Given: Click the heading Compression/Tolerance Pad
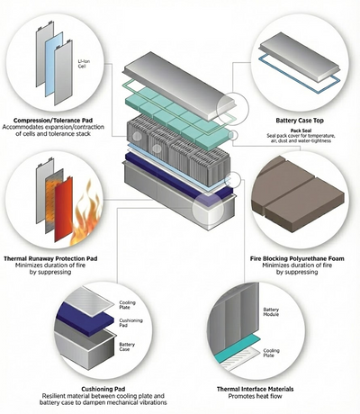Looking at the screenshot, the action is click(53, 121).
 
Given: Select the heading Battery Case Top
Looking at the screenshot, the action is click(300, 121).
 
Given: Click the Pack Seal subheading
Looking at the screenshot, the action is click(301, 130).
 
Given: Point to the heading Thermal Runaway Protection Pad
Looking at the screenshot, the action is click(50, 258).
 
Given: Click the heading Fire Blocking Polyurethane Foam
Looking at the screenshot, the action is click(297, 258).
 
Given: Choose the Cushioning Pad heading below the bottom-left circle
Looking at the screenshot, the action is click(103, 390).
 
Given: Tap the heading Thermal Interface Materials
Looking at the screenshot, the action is click(255, 390).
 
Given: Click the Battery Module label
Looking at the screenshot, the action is click(271, 312).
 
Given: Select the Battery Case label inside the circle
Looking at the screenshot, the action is click(127, 347).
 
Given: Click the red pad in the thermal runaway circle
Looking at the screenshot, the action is click(63, 210).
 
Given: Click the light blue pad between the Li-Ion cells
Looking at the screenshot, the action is click(54, 64).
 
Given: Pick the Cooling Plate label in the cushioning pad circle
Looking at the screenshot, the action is click(128, 305).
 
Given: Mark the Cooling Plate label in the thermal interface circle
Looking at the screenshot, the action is click(271, 353).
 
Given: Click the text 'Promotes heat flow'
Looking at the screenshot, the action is click(255, 396).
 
